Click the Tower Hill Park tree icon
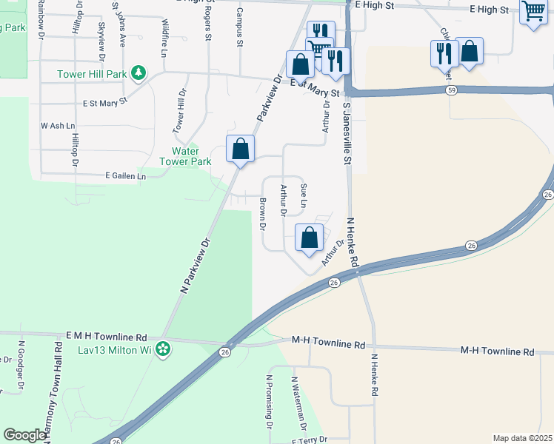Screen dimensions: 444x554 click(138, 73)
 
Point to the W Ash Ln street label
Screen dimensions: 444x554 click(59, 126)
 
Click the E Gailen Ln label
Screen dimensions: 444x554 click(126, 175)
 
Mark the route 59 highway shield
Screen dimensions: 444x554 click(451, 90)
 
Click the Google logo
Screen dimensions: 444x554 click(24, 435)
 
